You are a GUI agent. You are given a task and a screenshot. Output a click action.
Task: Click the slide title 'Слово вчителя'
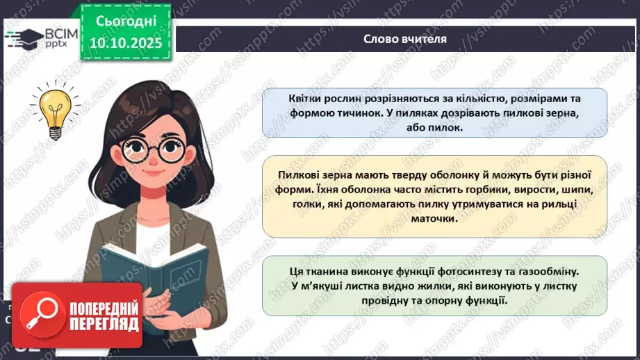(x=404, y=39)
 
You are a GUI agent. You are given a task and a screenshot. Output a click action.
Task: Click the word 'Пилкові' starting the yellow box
(x=297, y=174)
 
